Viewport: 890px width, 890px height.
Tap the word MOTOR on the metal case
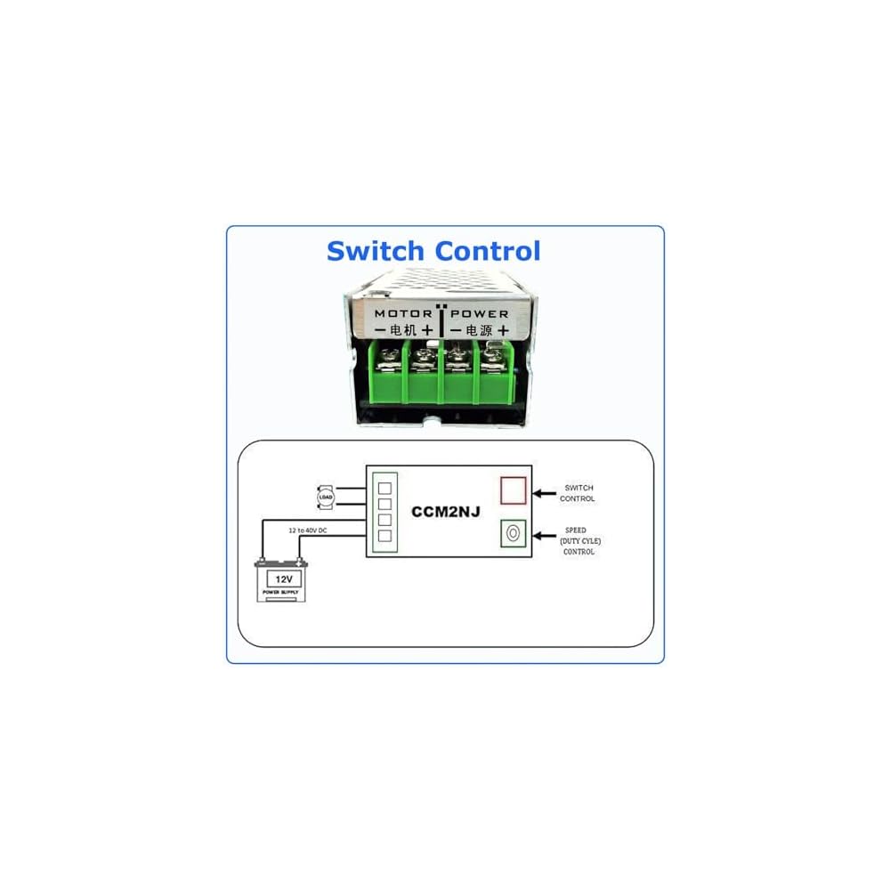click(403, 313)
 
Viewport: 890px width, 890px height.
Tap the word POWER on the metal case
click(480, 313)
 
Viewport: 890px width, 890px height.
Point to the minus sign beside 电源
click(455, 330)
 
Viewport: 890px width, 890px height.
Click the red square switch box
click(513, 490)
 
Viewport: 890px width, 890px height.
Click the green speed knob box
click(513, 533)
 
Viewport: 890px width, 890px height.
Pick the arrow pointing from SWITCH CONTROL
click(543, 491)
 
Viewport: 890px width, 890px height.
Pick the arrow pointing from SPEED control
click(543, 533)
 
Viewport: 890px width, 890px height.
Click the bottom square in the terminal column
click(385, 535)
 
